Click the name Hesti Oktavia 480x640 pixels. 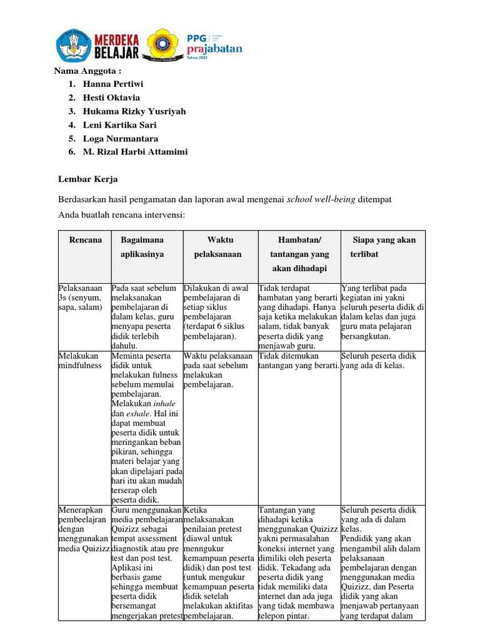pos(112,97)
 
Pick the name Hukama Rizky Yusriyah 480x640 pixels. pos(134,111)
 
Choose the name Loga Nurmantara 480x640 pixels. pos(121,139)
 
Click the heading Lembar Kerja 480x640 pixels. pos(88,179)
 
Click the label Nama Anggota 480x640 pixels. pos(89,70)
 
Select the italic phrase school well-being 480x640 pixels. pos(321,199)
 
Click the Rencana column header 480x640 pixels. pos(85,240)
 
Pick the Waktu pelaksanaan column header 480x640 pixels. pos(219,247)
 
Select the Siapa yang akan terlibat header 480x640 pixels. pos(382,247)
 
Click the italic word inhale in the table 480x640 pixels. pos(164,404)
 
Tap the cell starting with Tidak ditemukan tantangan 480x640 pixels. pos(299,361)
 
